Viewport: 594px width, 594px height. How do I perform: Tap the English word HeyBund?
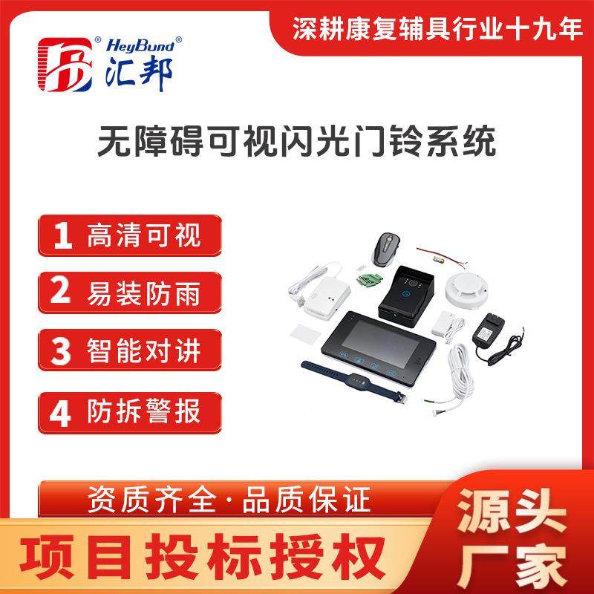point(140,45)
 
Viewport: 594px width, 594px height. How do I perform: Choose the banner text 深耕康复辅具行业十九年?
point(436,30)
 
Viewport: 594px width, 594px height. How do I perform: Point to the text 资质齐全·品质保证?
point(229,500)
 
